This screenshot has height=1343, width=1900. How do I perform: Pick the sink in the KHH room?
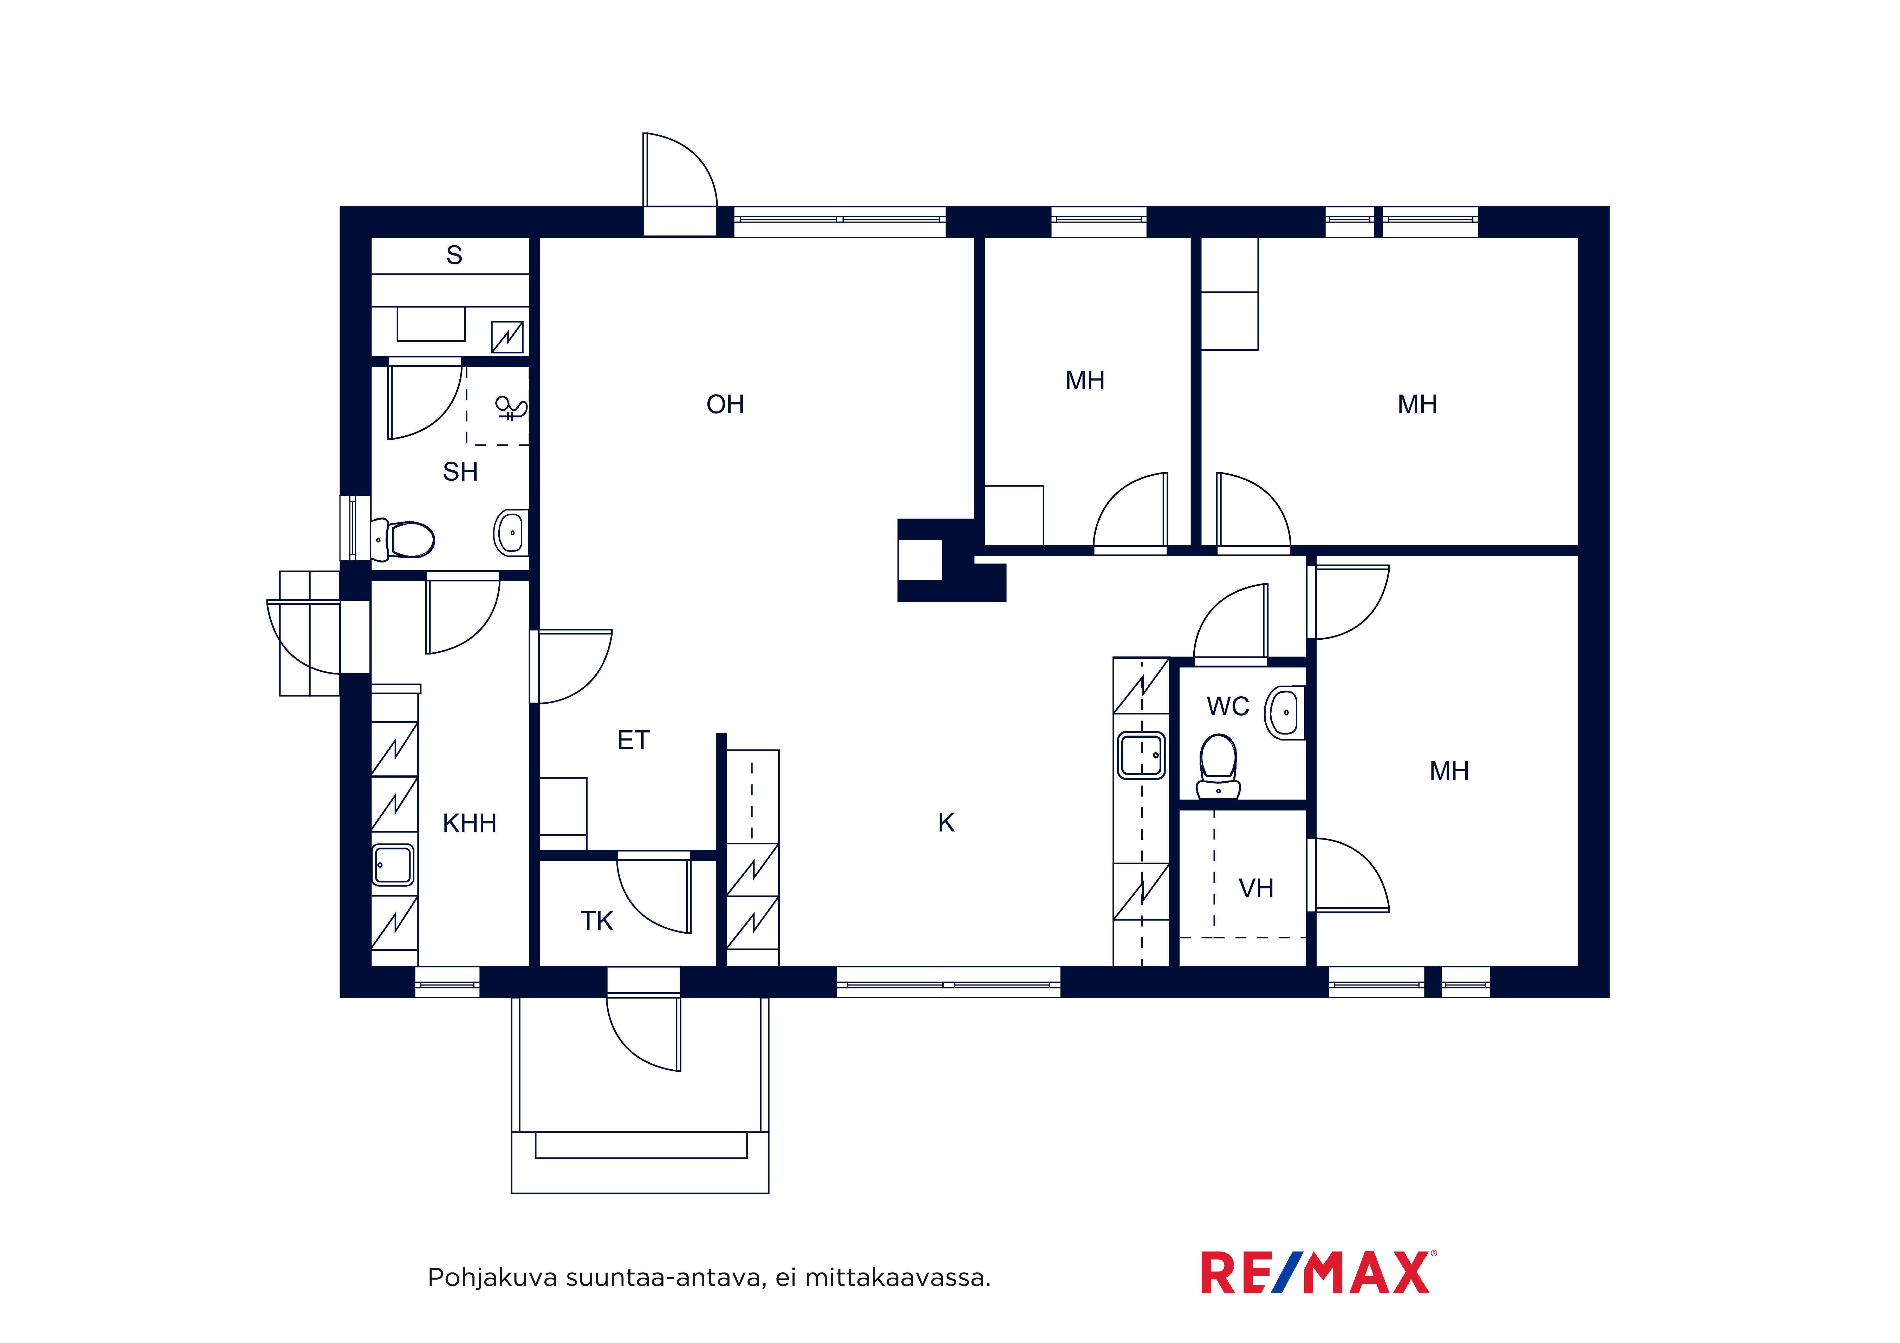point(393,865)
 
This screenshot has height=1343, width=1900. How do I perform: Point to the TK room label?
point(597,921)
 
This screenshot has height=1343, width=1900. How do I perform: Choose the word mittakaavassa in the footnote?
point(897,1279)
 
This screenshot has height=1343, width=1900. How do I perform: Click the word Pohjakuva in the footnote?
point(492,1279)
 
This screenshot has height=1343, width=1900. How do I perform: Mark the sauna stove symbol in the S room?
point(507,337)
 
